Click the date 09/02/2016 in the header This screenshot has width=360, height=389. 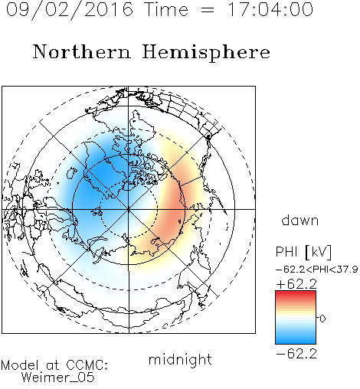pos(70,10)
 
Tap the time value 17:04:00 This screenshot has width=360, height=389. pos(270,9)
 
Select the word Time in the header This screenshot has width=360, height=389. pos(166,9)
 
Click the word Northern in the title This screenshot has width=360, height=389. pos(82,51)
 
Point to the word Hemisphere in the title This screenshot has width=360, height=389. pos(206,53)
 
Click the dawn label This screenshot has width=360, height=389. pos(300,220)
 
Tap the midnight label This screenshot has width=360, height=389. pos(180,360)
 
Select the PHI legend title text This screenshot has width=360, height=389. pos(286,252)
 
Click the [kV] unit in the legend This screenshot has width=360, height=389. pos(318,252)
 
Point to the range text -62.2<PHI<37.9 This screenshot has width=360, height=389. pos(317,270)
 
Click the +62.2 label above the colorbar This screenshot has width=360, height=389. pos(296,284)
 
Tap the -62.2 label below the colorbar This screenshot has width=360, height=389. pos(296,354)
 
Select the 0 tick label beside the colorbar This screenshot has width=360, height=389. pos(322,319)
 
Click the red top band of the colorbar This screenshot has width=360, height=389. pos(296,293)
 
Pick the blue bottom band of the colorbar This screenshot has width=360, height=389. pos(296,341)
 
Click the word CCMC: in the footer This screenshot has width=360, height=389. pos(87,365)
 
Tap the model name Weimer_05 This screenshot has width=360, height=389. pos(58,378)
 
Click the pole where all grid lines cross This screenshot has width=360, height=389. pos(129,209)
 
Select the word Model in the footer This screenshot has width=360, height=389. pos(20,365)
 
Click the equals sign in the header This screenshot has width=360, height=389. pos(208,10)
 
